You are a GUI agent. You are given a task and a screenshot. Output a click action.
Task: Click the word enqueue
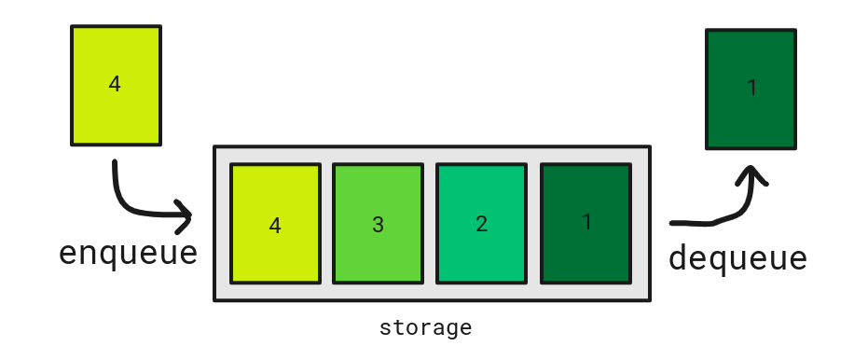(129, 255)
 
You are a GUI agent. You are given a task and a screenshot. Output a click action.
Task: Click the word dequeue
(737, 258)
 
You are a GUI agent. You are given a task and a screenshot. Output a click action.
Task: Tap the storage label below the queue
(426, 328)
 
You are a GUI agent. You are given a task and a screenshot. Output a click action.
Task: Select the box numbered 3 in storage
(379, 224)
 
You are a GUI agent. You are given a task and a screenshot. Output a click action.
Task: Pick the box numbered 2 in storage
(482, 224)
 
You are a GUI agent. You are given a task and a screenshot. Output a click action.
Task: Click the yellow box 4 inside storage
(275, 224)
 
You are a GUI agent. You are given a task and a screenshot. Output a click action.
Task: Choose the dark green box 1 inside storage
(586, 224)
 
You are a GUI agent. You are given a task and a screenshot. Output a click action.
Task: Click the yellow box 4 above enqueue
(117, 85)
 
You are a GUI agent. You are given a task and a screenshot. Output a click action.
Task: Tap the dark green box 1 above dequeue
(751, 90)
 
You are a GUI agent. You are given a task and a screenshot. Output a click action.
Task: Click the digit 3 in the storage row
(379, 225)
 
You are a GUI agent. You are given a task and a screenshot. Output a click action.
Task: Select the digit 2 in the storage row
(482, 224)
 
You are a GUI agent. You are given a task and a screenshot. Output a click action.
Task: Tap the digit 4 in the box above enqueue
(115, 84)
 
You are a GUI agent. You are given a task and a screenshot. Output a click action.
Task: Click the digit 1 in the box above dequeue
(751, 88)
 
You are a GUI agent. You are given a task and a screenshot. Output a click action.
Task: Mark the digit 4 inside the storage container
(275, 226)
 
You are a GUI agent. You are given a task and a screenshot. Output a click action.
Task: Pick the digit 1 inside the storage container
(586, 222)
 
